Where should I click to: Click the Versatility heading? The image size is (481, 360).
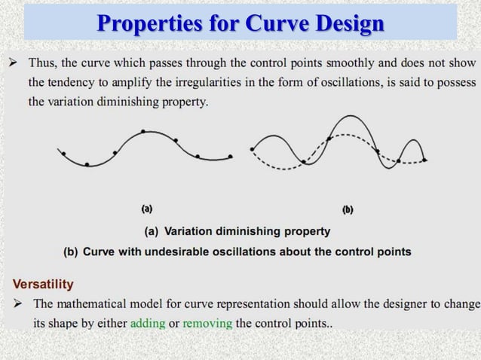[x=43, y=284]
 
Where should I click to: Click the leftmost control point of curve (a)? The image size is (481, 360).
[x=63, y=154]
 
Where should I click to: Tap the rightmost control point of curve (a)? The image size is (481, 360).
[x=231, y=156]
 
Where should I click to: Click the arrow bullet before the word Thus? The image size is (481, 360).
[x=14, y=60]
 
